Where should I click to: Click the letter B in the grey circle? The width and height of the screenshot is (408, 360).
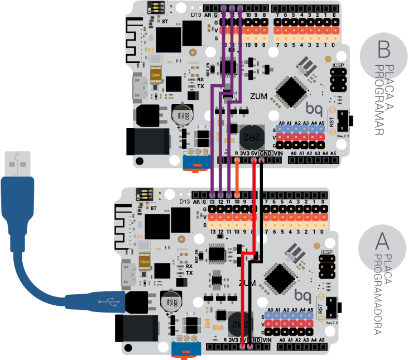tap(383, 49)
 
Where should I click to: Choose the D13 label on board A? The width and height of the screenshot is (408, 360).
tap(184, 201)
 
